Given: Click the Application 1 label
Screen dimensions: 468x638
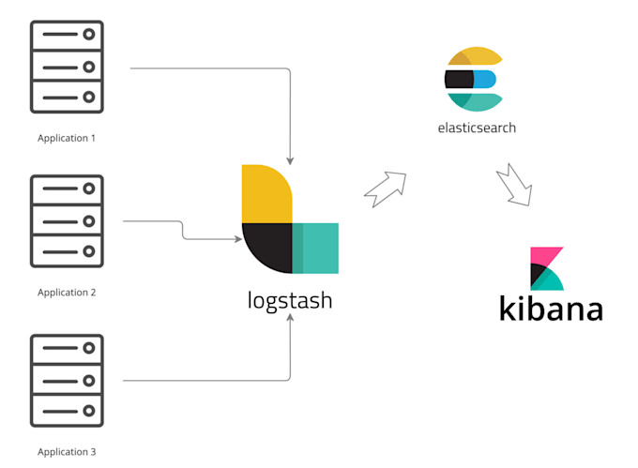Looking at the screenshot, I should pos(67,138).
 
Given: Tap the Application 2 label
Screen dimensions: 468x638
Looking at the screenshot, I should pos(67,292).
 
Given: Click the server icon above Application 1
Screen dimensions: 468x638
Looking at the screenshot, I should pos(67,67).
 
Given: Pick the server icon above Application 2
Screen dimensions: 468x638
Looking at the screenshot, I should pos(67,221).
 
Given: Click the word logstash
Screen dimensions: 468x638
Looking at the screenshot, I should pos(289,301).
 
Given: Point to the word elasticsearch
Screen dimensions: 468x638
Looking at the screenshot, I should pos(476,128).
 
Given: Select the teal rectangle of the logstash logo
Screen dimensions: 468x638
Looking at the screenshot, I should pos(315,248).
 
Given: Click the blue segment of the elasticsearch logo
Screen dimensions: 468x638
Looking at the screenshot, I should pos(484,79).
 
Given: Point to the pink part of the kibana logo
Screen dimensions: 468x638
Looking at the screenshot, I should pos(542,257).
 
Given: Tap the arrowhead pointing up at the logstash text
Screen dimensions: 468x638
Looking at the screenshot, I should pos(289,320).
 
